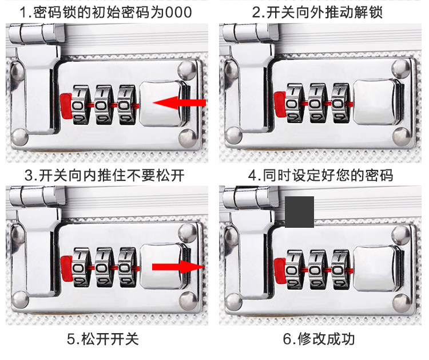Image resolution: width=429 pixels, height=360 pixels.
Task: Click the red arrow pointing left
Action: pos(180,103)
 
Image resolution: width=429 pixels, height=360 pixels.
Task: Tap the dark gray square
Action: pos(299,212)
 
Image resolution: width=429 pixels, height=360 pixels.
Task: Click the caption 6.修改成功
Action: pos(319,338)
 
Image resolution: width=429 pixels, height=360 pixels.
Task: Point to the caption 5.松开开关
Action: pos(103,338)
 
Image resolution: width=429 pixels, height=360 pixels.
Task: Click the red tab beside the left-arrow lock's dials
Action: pos(65,104)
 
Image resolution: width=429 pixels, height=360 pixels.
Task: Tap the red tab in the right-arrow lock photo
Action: pos(65,267)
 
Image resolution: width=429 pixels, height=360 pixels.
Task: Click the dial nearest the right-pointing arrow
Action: pos(128,267)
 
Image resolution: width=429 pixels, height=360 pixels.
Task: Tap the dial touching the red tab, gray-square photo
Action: pos(295,267)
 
